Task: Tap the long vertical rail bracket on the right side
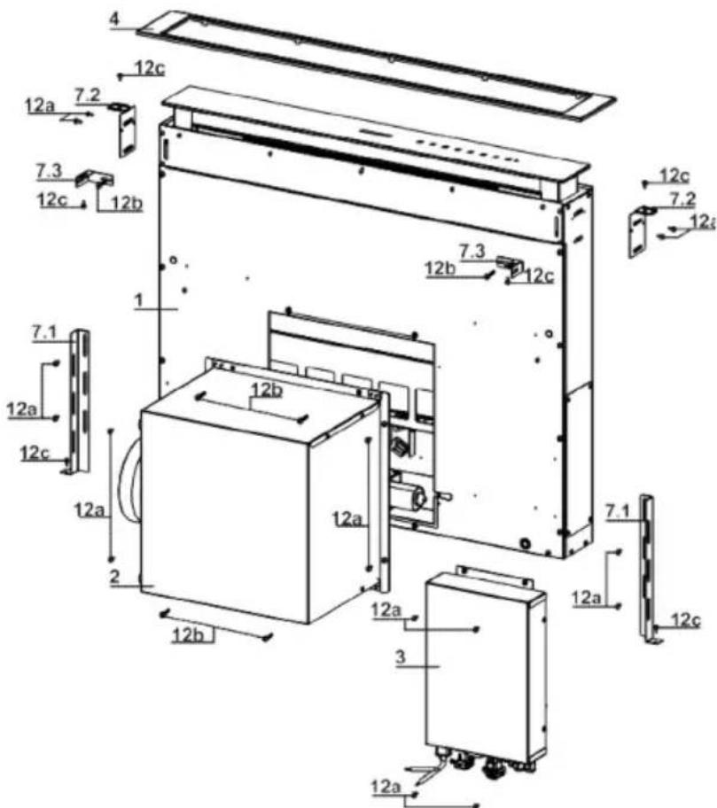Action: click(x=648, y=567)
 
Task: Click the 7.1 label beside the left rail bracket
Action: click(x=43, y=331)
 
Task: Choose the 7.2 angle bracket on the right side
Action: click(x=637, y=230)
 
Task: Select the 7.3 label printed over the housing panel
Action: click(x=472, y=252)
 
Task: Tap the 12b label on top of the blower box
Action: click(x=266, y=390)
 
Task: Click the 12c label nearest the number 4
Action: click(x=147, y=66)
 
